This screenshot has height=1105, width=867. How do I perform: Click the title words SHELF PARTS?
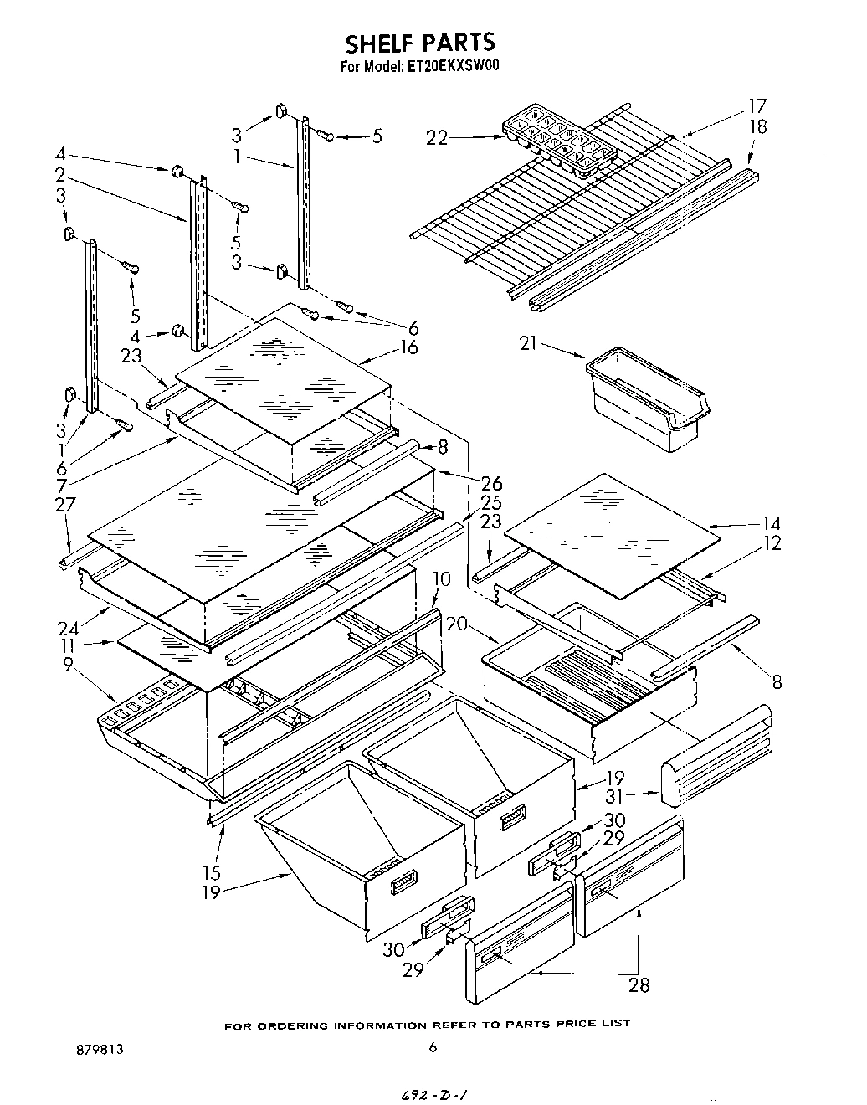420,42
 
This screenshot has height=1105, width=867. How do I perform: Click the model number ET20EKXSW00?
456,68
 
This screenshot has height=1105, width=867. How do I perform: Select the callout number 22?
436,139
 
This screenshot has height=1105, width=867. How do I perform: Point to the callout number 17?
757,106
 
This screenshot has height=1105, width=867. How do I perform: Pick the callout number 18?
757,127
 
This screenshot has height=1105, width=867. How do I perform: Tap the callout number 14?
771,524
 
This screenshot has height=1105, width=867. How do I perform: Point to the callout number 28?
639,984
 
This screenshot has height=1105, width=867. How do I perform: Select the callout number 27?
64,504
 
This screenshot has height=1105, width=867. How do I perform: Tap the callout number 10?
442,578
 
